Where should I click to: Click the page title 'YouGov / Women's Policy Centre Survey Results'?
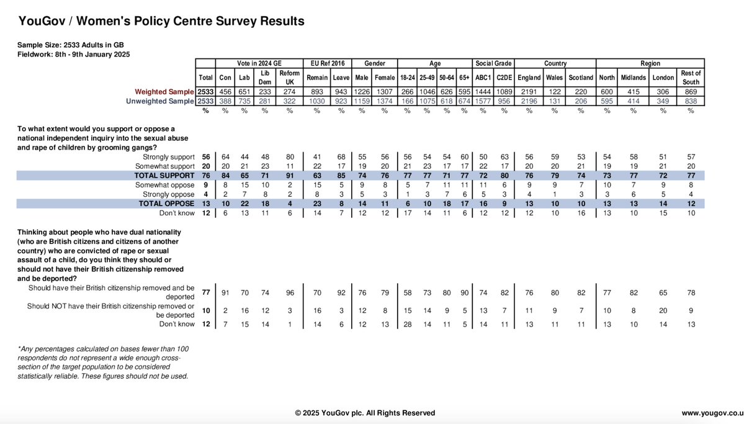pyautogui.click(x=161, y=22)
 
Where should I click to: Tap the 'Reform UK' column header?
pyautogui.click(x=290, y=78)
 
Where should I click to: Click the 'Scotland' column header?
pyautogui.click(x=580, y=78)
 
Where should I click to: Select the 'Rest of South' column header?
pyautogui.click(x=691, y=78)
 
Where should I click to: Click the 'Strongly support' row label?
pyautogui.click(x=168, y=157)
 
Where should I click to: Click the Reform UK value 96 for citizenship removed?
pyautogui.click(x=289, y=292)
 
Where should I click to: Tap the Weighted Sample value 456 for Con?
pyautogui.click(x=225, y=91)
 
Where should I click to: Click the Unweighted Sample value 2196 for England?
pyautogui.click(x=529, y=101)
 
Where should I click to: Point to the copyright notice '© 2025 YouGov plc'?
pyautogui.click(x=365, y=413)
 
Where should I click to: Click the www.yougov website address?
pyautogui.click(x=712, y=413)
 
